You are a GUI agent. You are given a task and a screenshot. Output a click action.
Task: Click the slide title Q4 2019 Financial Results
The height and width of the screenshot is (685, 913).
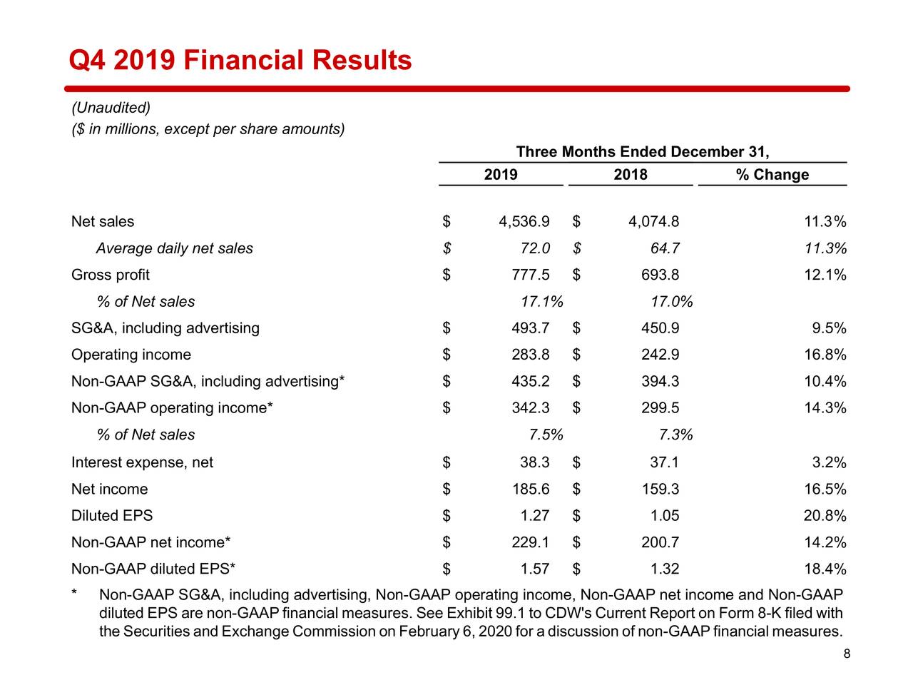(240, 60)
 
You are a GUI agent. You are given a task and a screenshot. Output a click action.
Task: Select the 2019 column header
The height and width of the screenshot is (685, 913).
(501, 175)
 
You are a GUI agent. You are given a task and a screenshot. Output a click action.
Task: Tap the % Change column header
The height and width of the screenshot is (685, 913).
(772, 175)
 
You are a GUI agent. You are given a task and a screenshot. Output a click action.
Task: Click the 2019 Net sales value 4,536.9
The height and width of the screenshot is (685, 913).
(524, 222)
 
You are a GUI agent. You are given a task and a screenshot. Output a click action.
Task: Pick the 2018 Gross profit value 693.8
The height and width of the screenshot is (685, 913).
(660, 275)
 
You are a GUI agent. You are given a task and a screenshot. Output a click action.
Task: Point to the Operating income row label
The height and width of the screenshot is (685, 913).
(131, 355)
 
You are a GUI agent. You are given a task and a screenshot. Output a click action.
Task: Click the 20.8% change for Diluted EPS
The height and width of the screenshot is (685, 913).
(825, 516)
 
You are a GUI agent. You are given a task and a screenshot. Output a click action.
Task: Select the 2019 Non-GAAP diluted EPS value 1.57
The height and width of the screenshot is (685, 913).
(535, 569)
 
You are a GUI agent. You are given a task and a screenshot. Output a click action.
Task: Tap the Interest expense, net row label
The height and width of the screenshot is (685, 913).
(142, 462)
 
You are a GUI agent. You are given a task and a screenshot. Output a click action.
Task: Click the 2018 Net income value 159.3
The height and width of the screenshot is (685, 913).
(660, 489)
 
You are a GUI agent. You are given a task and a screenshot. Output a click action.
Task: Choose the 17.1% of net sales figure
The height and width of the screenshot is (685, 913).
(541, 302)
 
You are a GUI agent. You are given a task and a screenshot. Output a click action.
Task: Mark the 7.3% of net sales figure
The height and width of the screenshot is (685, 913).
(675, 435)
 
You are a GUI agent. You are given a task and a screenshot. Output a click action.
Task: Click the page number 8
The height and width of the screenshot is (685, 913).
(847, 654)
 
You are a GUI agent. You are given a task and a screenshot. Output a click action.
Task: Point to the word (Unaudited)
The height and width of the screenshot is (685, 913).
(111, 108)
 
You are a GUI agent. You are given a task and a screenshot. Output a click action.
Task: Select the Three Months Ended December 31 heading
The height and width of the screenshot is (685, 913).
(642, 152)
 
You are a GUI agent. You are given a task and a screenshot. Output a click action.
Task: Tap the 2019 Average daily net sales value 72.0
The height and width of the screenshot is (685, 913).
(534, 248)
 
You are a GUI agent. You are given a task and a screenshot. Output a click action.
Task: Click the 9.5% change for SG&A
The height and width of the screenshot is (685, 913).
(829, 328)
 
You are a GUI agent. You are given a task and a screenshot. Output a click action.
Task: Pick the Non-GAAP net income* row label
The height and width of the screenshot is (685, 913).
(151, 542)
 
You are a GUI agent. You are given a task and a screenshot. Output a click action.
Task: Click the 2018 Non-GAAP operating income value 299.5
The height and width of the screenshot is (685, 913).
(660, 408)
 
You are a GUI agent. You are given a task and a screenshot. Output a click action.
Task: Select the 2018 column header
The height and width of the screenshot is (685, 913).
(631, 175)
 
